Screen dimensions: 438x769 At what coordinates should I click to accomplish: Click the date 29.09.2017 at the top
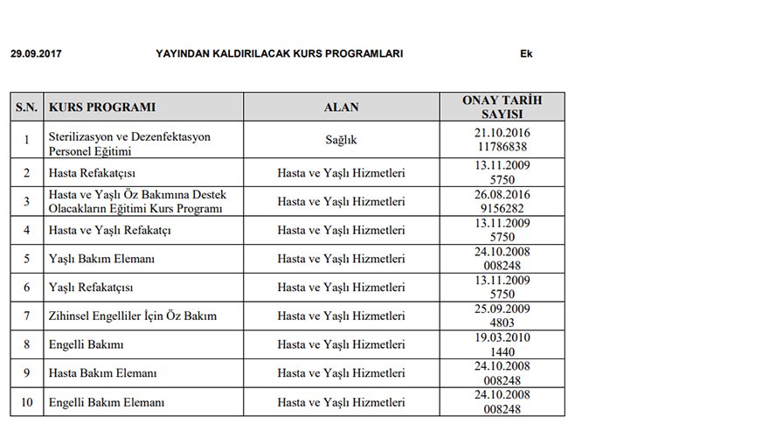[x=36, y=53]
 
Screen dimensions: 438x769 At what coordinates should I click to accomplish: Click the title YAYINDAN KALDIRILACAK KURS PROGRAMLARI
[x=279, y=53]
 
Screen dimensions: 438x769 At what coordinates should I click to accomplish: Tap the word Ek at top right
[x=526, y=53]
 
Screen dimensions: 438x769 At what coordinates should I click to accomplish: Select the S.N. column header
[x=26, y=108]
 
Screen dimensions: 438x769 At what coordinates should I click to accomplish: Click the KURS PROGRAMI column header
[x=103, y=108]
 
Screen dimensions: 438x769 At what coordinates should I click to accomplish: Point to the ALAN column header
[x=341, y=108]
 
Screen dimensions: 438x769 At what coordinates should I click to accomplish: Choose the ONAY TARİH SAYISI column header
[x=502, y=108]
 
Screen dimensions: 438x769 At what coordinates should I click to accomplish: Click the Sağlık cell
[x=341, y=139]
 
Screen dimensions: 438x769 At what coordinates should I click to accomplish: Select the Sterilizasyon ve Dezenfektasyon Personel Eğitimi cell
[x=129, y=144]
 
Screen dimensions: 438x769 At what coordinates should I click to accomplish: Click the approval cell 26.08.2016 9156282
[x=502, y=201]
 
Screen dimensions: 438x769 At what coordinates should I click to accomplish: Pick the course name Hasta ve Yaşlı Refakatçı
[x=110, y=230]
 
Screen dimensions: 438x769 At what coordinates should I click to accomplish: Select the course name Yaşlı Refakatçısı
[x=92, y=287]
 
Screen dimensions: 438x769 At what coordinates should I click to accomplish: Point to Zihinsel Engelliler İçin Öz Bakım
[x=133, y=316]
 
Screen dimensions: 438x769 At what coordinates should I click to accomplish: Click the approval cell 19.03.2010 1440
[x=502, y=344]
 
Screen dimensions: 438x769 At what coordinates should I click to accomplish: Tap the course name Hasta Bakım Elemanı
[x=102, y=373]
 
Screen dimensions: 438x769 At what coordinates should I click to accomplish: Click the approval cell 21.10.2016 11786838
[x=502, y=139]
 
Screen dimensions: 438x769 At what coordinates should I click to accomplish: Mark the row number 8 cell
[x=26, y=344]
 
